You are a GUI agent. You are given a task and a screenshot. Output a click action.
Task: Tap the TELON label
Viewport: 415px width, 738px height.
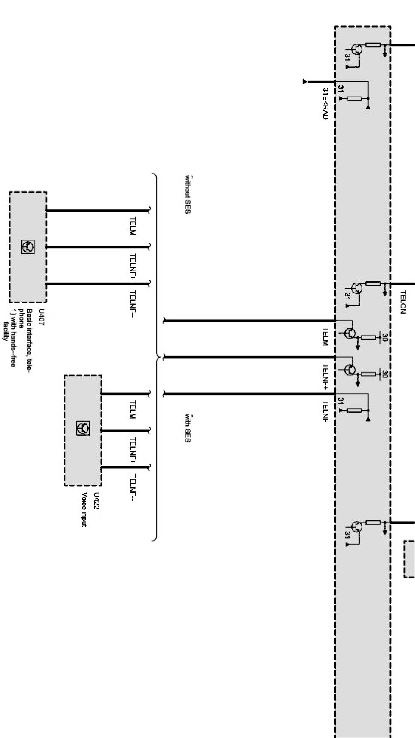403,302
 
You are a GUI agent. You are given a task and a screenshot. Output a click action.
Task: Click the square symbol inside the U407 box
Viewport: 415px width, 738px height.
28,247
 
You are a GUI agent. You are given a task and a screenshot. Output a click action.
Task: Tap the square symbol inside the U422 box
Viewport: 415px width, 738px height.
83,429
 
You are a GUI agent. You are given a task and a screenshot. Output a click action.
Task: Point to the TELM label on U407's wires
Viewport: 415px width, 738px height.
132,226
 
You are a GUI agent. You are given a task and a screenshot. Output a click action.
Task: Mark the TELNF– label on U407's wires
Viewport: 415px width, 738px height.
132,303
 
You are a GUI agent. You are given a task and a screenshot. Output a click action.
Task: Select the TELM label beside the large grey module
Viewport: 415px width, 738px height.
325,336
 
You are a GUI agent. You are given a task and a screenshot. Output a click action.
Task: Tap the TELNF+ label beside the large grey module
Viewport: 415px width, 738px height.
325,376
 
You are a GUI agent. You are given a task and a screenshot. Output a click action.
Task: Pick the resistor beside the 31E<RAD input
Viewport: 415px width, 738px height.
354,99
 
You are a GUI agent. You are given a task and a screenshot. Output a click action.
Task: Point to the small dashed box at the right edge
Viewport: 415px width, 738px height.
409,558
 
